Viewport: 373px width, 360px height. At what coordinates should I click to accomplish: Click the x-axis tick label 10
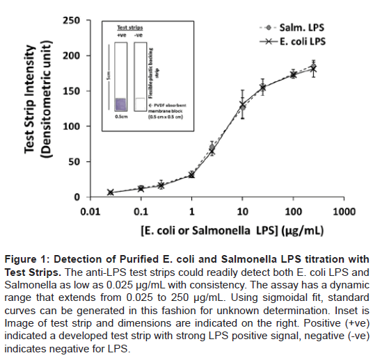pyautogui.click(x=241, y=209)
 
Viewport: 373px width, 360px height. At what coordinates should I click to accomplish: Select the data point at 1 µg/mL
pyautogui.click(x=191, y=174)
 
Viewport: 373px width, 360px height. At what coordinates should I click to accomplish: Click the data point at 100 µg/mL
pyautogui.click(x=293, y=74)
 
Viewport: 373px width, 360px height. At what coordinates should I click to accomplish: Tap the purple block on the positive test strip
pyautogui.click(x=120, y=104)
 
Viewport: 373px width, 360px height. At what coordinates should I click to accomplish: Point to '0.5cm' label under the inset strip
pyautogui.click(x=120, y=118)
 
